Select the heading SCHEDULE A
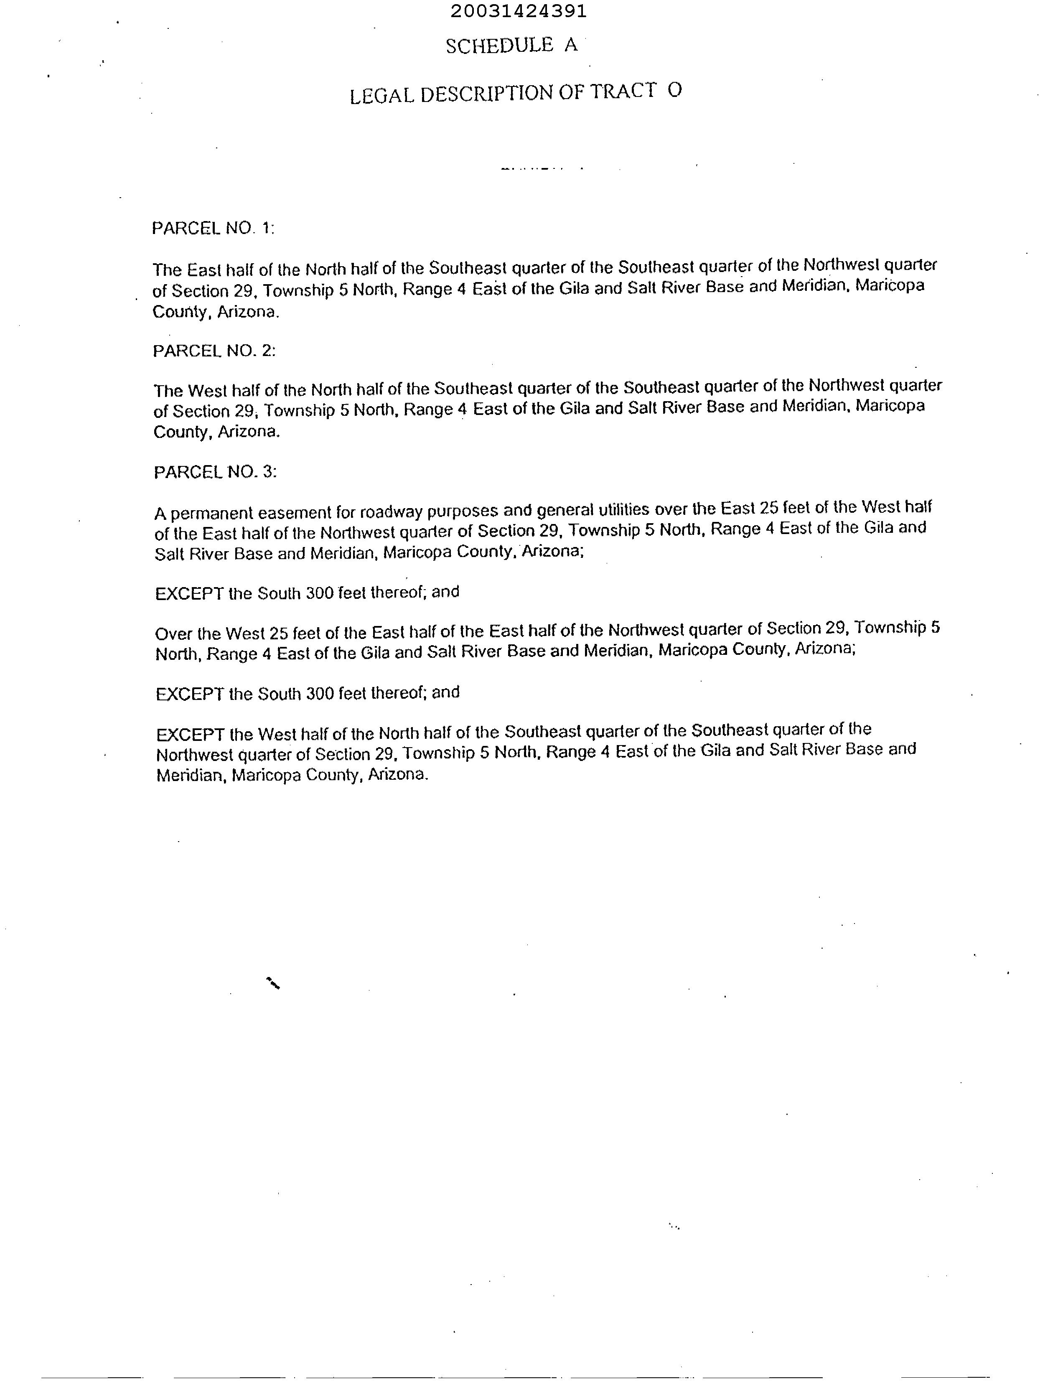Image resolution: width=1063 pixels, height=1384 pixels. pos(511,46)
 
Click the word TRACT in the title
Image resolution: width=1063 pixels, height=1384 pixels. pos(623,92)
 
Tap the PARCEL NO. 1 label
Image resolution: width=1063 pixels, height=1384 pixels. pos(213,229)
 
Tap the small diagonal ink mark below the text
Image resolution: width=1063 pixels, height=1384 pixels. pos(273,983)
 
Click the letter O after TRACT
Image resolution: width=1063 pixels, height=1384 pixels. pos(674,91)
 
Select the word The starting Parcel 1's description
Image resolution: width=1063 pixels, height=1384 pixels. pos(167,270)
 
